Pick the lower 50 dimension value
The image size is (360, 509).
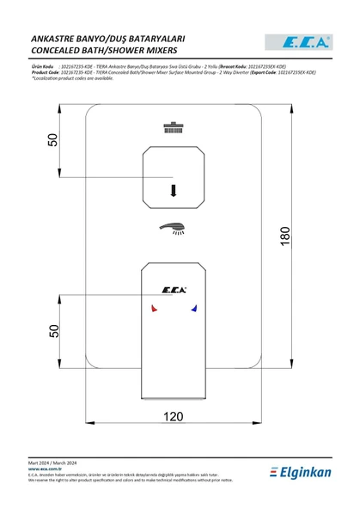[x=52, y=329]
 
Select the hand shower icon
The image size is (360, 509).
[x=174, y=228]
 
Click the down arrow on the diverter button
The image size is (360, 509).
[x=174, y=190]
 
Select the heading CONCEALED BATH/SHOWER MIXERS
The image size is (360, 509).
[x=104, y=52]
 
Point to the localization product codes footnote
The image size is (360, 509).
[x=83, y=78]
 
